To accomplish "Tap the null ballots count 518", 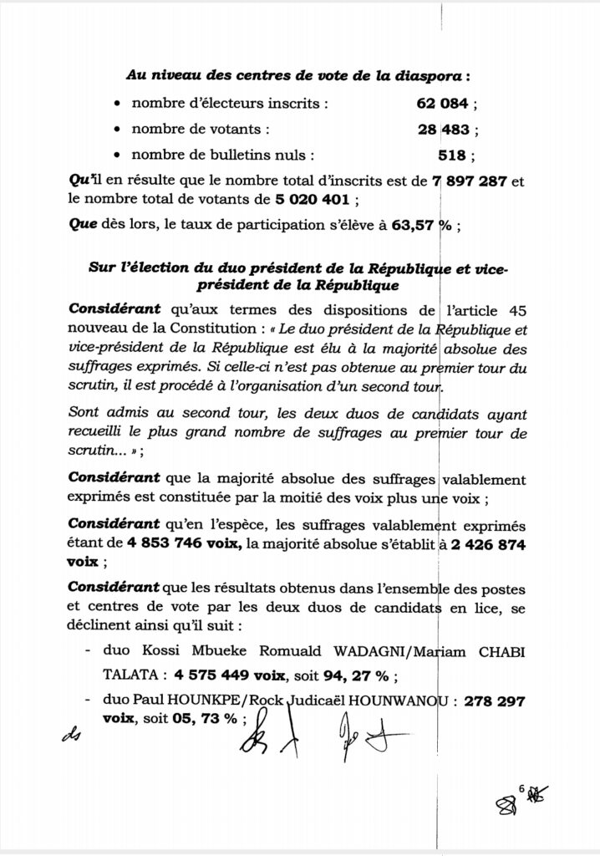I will pyautogui.click(x=453, y=155).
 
